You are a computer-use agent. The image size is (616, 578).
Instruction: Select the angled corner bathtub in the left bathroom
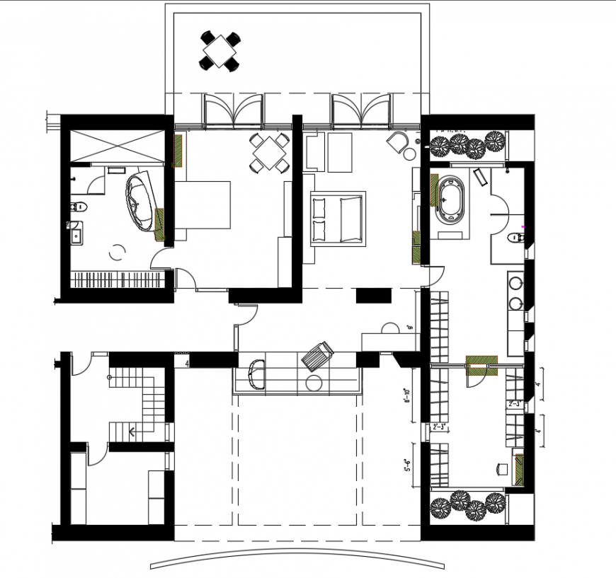[139, 202]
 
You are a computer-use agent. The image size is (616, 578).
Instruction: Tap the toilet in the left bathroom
[79, 208]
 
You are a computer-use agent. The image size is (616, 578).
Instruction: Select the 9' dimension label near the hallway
[410, 328]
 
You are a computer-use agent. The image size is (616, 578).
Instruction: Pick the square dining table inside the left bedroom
[269, 153]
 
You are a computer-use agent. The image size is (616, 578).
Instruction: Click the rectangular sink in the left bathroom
[76, 232]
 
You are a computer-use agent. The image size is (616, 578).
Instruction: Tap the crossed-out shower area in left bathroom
[117, 146]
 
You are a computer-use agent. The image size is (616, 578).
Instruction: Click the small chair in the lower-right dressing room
[503, 468]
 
